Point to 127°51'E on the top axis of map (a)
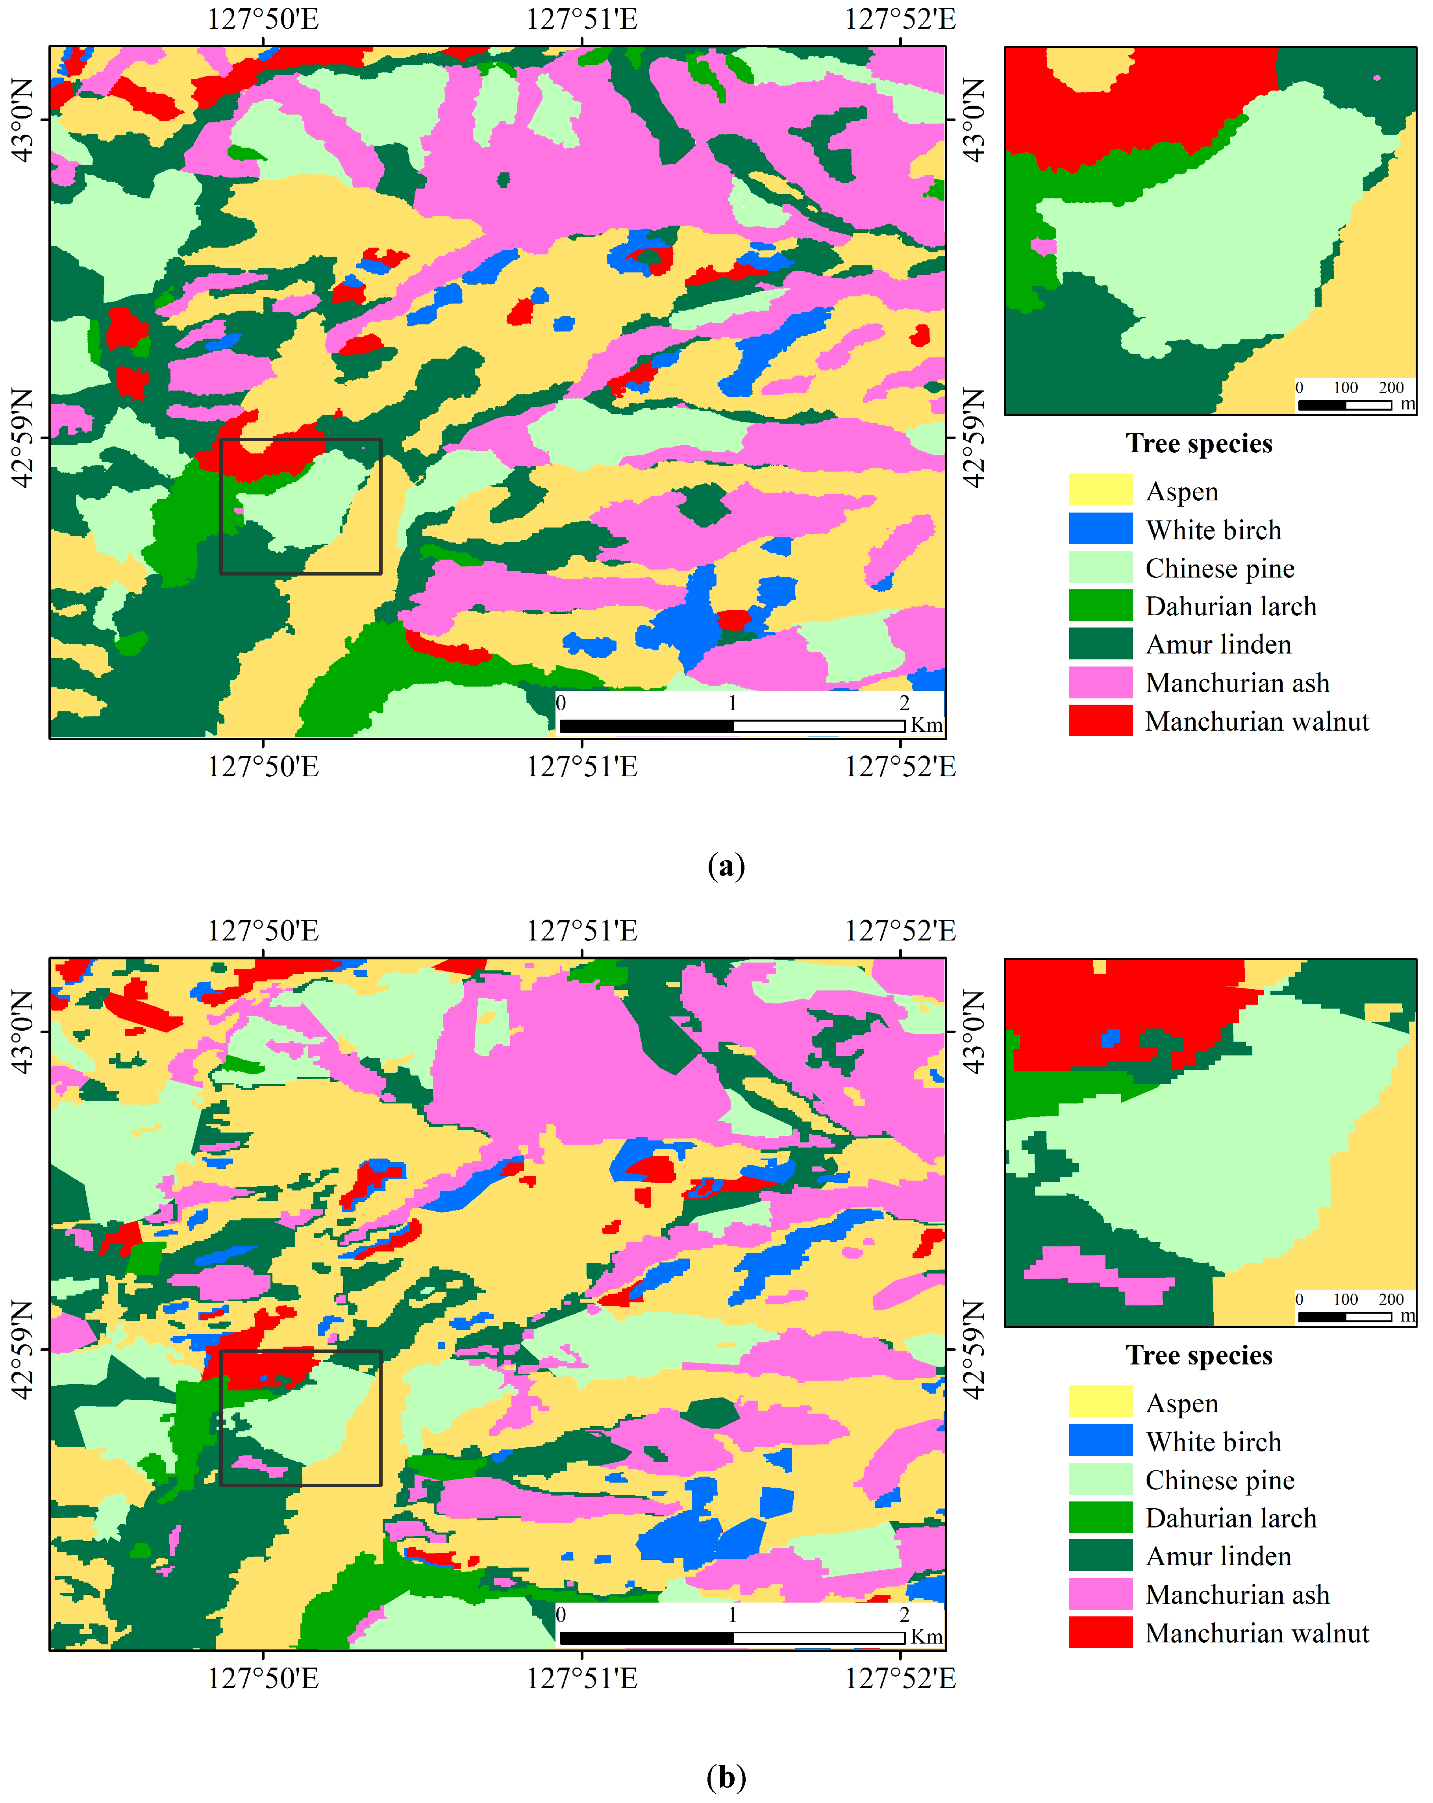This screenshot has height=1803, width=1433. pyautogui.click(x=582, y=19)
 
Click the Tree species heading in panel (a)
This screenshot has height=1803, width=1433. pyautogui.click(x=1199, y=443)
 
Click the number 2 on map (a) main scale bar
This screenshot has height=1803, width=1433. pyautogui.click(x=904, y=702)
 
